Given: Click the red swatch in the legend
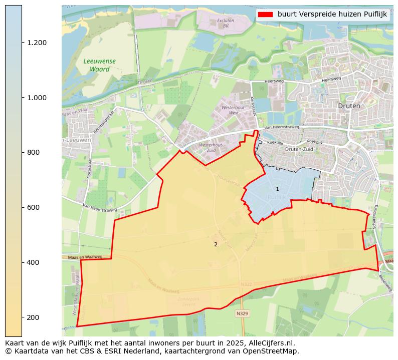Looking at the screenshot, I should click(x=265, y=15).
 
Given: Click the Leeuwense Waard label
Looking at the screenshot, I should click(x=99, y=65).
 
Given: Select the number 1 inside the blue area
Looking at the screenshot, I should click(x=277, y=189).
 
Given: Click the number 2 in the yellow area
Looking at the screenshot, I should click(x=216, y=244).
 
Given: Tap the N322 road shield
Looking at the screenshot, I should click(x=246, y=284).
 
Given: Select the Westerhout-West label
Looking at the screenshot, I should click(x=234, y=110).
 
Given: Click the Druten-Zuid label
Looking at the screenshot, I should click(x=299, y=149).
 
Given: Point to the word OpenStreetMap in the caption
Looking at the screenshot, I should click(x=274, y=351).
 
